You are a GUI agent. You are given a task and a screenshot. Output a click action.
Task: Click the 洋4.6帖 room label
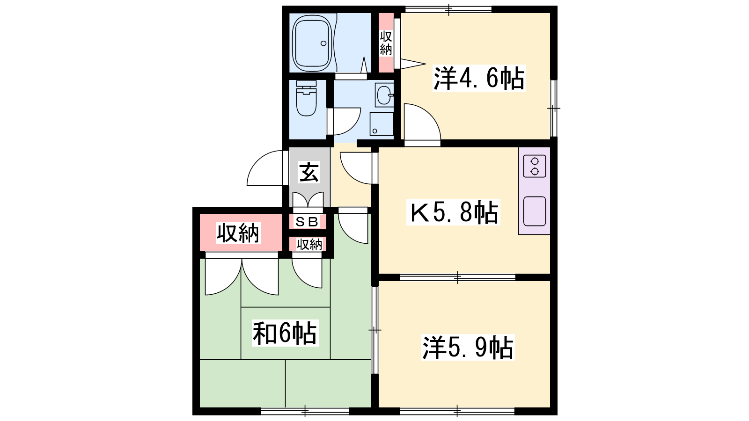[479, 78]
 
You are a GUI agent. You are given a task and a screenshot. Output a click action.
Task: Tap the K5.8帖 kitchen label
[454, 212]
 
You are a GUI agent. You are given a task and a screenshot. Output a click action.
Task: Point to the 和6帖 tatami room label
[285, 333]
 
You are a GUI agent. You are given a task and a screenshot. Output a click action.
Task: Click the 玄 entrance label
[309, 172]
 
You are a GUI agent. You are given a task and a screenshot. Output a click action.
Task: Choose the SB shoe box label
[307, 222]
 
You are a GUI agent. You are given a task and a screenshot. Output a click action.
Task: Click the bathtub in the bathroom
[312, 43]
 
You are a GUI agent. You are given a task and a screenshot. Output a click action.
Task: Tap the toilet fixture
[306, 98]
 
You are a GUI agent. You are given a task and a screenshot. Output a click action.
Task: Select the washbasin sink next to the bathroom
[384, 95]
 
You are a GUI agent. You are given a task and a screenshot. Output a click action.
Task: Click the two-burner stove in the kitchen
[534, 166]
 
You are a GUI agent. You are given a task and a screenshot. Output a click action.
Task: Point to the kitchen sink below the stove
[534, 211]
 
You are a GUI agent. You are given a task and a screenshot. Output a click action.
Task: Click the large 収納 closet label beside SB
[238, 233]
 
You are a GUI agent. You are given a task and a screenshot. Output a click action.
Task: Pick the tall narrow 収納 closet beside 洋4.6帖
[386, 43]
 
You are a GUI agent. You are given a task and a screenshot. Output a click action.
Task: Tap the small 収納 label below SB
[309, 244]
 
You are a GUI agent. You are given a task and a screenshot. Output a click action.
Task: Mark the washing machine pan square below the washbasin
[382, 124]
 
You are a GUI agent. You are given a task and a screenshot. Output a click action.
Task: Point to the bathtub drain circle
[323, 43]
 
